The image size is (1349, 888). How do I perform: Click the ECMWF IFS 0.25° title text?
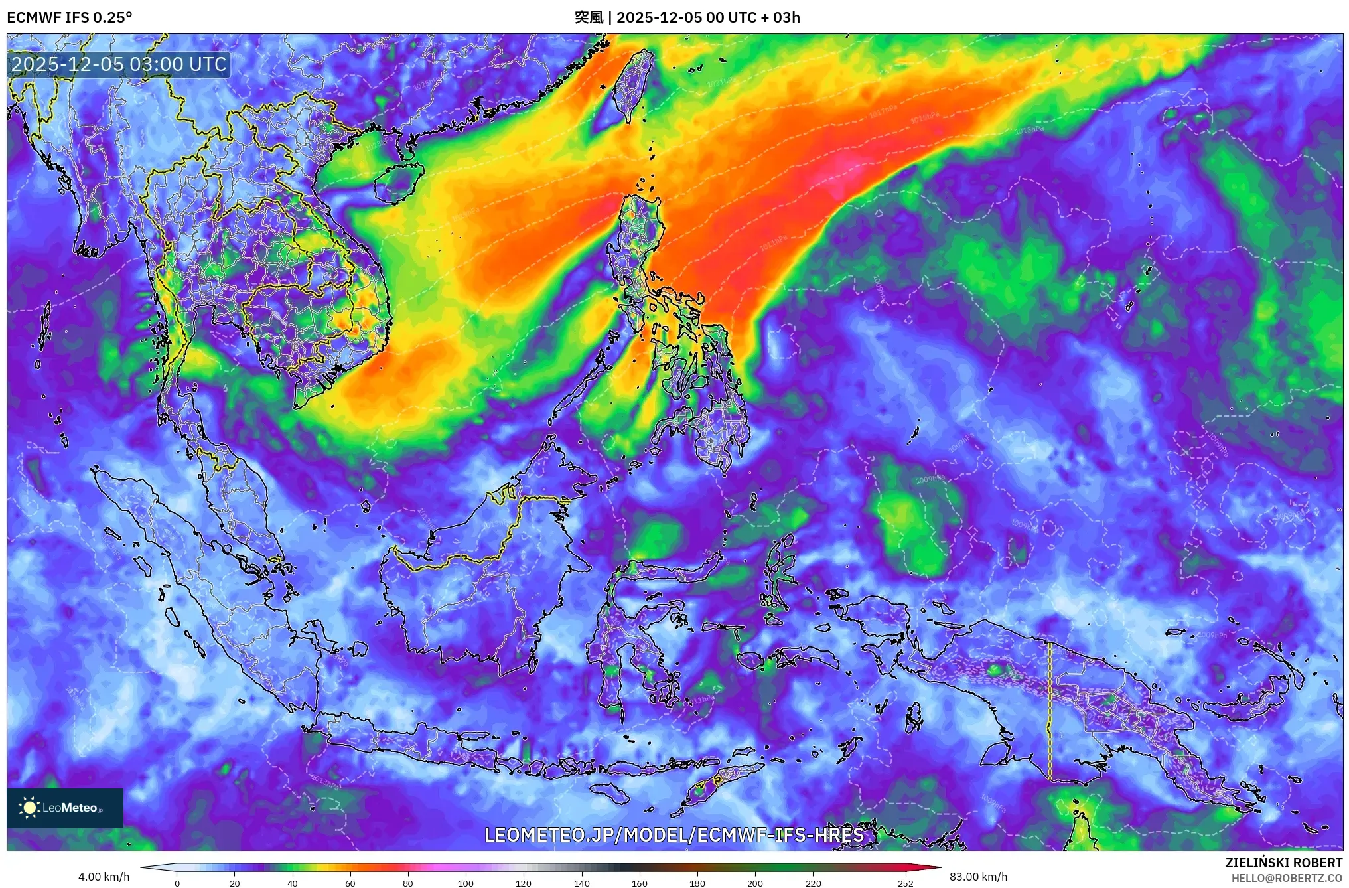pyautogui.click(x=70, y=17)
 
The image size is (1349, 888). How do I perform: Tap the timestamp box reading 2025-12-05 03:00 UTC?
pyautogui.click(x=119, y=64)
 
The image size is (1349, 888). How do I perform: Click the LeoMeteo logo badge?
pyautogui.click(x=65, y=808)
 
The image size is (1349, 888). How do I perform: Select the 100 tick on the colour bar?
pyautogui.click(x=466, y=883)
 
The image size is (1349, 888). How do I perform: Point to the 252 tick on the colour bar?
pyautogui.click(x=906, y=883)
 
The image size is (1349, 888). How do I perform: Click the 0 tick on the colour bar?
pyautogui.click(x=177, y=883)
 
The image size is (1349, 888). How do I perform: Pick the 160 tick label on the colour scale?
pyautogui.click(x=640, y=883)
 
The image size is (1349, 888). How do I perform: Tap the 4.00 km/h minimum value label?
pyautogui.click(x=104, y=877)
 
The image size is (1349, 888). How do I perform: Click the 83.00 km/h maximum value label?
pyautogui.click(x=978, y=877)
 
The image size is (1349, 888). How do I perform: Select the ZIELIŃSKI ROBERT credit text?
pyautogui.click(x=1283, y=863)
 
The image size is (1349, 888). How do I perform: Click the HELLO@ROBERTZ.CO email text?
pyautogui.click(x=1287, y=878)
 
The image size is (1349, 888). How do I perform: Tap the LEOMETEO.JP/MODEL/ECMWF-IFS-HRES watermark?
pyautogui.click(x=674, y=835)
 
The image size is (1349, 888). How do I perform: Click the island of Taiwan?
pyautogui.click(x=632, y=86)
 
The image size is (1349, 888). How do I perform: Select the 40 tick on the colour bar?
pyautogui.click(x=293, y=883)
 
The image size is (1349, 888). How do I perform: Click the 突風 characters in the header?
pyautogui.click(x=589, y=17)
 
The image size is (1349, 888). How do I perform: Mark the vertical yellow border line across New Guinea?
pyautogui.click(x=1050, y=710)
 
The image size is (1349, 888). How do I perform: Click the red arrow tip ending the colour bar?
pyautogui.click(x=936, y=867)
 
